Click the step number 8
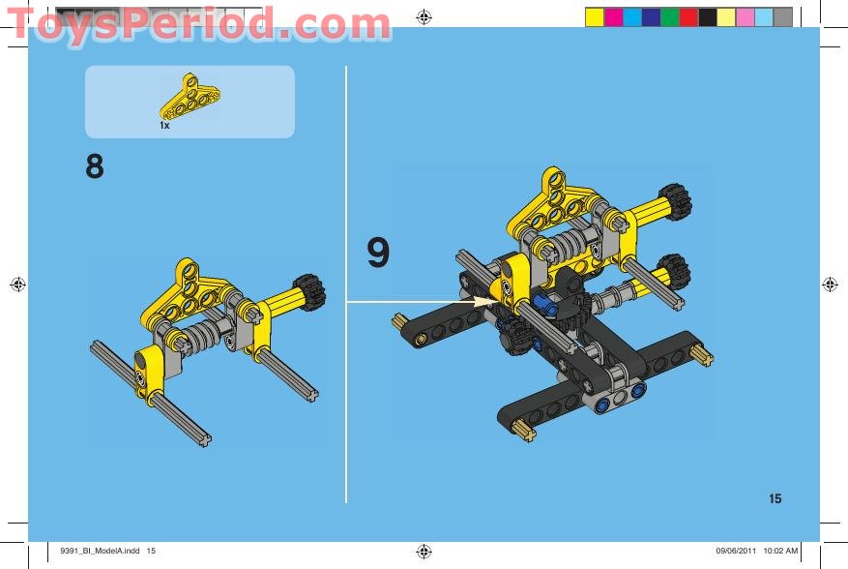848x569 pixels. tap(94, 167)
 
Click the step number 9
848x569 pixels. tap(378, 253)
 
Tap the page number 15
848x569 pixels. tap(775, 499)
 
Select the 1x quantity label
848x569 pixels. tap(164, 126)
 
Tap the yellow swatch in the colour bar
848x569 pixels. tap(595, 16)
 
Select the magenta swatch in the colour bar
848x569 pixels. tap(613, 16)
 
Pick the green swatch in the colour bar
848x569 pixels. tap(669, 16)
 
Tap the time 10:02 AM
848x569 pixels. tap(781, 552)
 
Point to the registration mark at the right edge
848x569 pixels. tap(830, 284)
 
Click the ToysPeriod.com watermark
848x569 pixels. tap(198, 25)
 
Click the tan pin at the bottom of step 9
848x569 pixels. tap(525, 430)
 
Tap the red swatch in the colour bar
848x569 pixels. tap(688, 16)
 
